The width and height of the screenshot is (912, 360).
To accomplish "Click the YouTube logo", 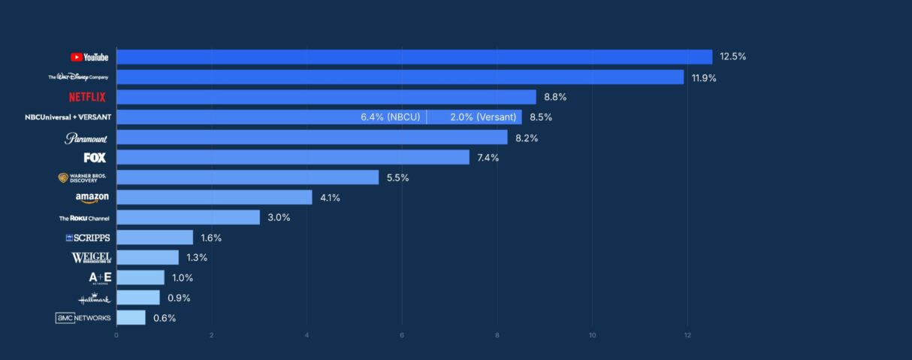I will click(x=89, y=57).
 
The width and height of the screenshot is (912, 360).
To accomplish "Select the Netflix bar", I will click(x=326, y=97).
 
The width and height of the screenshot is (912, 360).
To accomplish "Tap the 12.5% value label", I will click(x=732, y=57).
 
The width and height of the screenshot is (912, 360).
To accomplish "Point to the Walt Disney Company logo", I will click(x=78, y=77).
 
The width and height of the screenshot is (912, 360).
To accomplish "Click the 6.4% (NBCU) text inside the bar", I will click(x=390, y=117).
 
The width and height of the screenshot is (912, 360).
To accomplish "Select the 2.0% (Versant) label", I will click(x=483, y=117).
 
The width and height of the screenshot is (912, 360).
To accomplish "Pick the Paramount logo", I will click(x=86, y=138).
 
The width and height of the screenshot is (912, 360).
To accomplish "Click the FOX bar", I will click(x=293, y=157).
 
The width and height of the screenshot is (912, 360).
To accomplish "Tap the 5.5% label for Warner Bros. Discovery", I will click(x=397, y=177).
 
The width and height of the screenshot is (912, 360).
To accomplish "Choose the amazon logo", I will click(x=92, y=198).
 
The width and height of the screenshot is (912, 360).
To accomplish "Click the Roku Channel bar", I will click(x=188, y=217).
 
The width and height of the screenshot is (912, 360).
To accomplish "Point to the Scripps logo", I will click(x=88, y=237).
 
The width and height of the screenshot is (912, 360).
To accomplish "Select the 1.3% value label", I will click(x=197, y=258).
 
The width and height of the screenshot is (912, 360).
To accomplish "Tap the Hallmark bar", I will click(x=138, y=298).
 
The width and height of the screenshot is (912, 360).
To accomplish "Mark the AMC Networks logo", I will click(x=83, y=318).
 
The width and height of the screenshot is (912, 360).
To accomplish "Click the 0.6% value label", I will click(x=165, y=318).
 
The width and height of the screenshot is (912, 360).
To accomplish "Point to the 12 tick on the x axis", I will click(x=687, y=334).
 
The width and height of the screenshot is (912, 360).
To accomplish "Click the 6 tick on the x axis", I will click(x=402, y=334).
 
